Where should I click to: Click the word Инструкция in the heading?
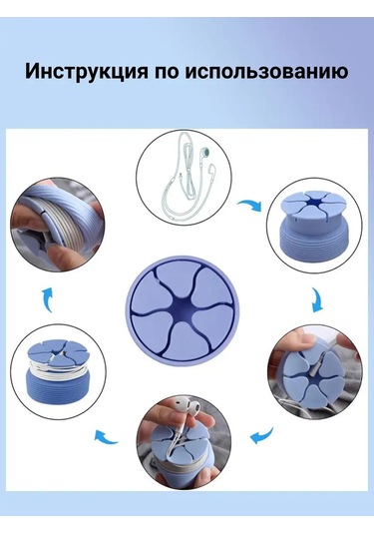[87, 72]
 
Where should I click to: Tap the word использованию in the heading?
[266, 72]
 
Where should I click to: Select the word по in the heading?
[167, 72]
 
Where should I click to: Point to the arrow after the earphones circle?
[250, 206]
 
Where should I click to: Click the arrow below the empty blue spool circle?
[317, 299]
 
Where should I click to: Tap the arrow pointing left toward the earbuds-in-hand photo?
[262, 435]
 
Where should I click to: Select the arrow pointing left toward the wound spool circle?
[106, 436]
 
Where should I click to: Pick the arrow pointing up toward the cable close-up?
[47, 299]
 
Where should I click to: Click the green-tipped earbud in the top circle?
[204, 152]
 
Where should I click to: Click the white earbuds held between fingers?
[187, 407]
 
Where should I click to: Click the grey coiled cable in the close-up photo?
[68, 217]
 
